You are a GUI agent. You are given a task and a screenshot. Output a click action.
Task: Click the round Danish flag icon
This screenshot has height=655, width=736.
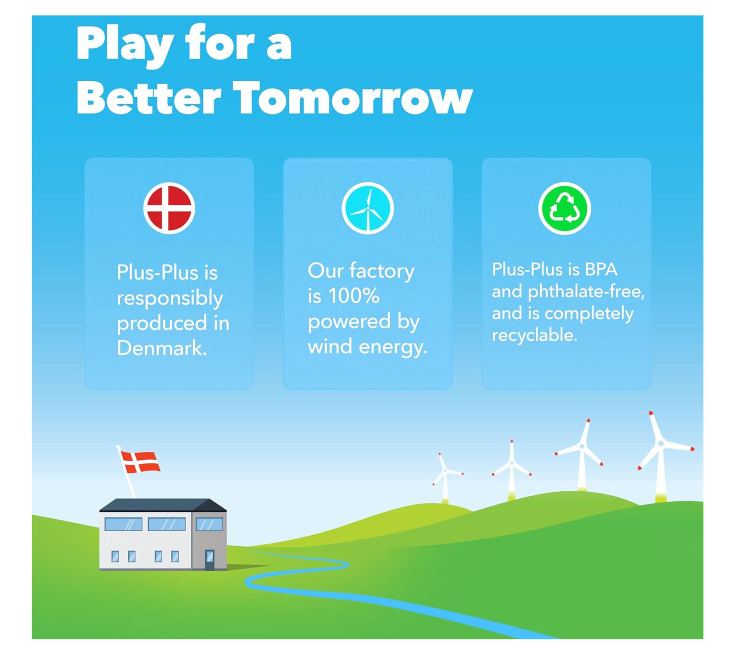click(169, 208)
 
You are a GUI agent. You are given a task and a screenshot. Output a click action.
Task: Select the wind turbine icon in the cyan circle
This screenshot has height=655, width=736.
click(368, 208)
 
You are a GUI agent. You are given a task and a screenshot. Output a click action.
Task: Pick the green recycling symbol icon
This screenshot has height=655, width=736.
click(565, 208)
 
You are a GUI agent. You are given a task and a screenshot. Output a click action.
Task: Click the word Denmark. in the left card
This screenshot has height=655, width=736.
click(162, 348)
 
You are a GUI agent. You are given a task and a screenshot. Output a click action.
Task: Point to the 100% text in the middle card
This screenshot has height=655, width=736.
click(354, 295)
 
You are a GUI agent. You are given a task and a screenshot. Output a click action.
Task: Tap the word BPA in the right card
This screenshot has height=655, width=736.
click(601, 269)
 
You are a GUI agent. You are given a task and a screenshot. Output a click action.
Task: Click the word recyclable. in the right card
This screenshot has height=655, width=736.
click(534, 335)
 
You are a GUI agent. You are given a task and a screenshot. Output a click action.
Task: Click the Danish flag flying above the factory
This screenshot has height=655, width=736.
click(140, 462)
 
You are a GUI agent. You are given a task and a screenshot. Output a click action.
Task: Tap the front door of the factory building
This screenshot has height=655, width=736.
click(209, 560)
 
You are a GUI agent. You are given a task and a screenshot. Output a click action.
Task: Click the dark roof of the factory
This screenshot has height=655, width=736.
click(163, 505)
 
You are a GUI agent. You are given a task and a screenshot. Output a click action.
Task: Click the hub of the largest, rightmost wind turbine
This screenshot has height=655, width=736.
click(661, 444)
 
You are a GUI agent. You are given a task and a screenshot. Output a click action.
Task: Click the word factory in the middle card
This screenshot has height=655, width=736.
click(382, 272)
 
